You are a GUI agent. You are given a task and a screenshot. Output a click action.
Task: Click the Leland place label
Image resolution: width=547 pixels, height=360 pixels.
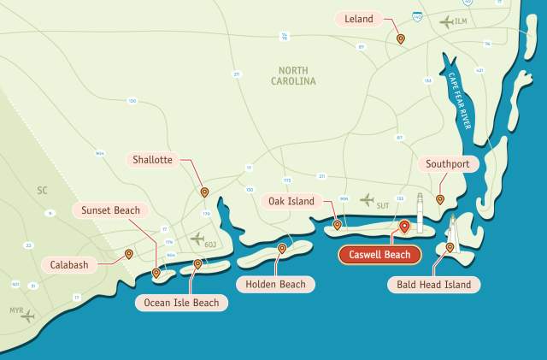tap(360, 19)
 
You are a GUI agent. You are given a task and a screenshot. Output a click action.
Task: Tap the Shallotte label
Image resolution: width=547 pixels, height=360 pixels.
tap(152, 160)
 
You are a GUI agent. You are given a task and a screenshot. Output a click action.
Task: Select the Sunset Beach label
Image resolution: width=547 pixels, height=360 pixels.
tap(110, 210)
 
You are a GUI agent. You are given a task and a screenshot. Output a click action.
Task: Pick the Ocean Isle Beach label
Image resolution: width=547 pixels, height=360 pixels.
tap(181, 302)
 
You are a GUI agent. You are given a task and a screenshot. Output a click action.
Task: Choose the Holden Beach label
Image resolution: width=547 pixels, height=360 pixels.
tap(275, 284)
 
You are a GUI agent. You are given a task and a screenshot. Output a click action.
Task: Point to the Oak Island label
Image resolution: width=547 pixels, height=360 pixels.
tap(291, 202)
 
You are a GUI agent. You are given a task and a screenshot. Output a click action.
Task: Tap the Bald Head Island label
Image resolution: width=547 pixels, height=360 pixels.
tap(433, 284)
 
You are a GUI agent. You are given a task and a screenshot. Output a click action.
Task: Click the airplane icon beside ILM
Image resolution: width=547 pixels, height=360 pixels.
tap(446, 21)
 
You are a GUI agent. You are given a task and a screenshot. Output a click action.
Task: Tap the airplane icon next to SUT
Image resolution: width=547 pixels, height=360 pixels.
tap(368, 200)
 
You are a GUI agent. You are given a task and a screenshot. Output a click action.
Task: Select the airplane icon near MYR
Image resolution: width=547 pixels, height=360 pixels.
tap(27, 316)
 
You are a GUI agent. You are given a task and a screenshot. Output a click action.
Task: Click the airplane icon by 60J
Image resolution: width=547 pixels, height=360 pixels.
tap(197, 239)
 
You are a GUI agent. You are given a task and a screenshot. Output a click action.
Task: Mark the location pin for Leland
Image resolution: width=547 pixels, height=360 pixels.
tap(400, 38)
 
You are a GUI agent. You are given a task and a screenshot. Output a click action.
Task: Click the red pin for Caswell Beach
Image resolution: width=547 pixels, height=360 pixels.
tap(404, 226)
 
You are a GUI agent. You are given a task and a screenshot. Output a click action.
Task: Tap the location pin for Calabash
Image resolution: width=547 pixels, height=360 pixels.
tap(128, 253)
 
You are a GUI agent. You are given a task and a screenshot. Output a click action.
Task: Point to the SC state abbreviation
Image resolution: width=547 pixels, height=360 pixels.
tap(42, 189)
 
